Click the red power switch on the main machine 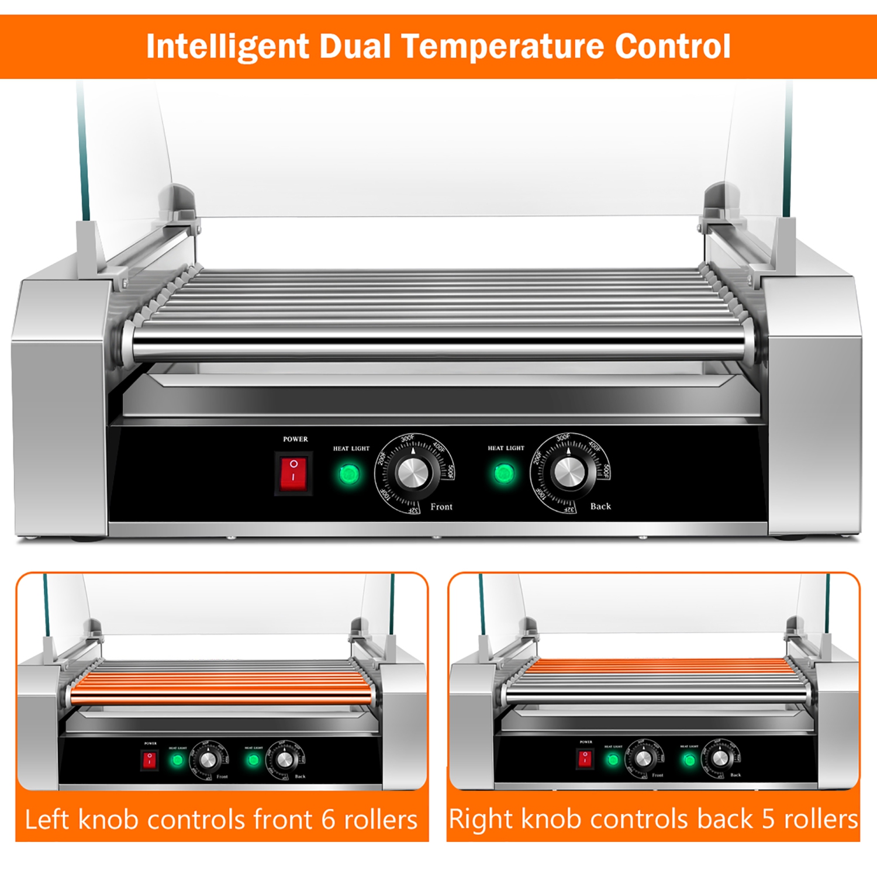pos(294,472)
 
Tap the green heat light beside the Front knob pos(349,474)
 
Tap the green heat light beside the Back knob pos(504,473)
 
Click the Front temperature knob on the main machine pos(414,472)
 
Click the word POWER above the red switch pos(295,439)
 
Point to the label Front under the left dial pos(441,507)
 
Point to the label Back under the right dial pos(600,506)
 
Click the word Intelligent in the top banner pos(227,47)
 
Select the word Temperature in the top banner pos(503,47)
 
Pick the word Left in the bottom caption pos(47,820)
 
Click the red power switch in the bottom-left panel pos(150,759)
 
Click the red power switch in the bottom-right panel pos(584,758)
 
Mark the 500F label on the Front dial pos(451,471)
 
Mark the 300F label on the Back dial pos(563,437)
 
